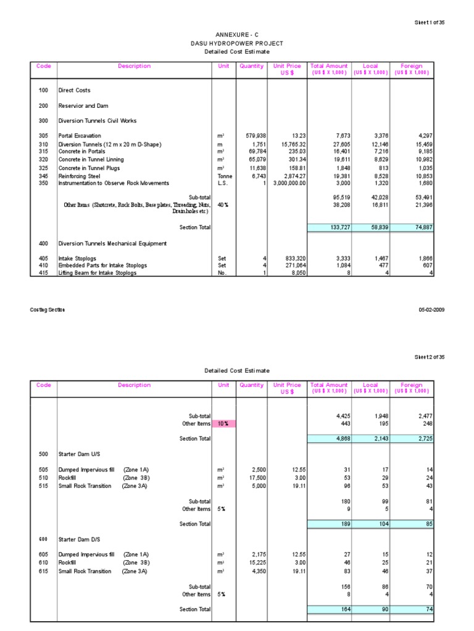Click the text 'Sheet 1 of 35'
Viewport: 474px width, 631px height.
coord(429,23)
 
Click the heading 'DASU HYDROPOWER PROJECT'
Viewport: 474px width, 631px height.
coord(236,44)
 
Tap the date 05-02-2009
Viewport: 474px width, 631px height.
coord(431,309)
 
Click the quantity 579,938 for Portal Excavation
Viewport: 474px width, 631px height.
coord(252,136)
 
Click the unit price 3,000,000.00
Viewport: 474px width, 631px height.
coord(285,183)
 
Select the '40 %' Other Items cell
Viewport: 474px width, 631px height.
coord(223,205)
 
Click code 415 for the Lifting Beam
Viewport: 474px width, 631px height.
coord(43,273)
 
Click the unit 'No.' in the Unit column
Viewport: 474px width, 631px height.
coord(223,273)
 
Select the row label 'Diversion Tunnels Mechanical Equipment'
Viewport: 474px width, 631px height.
coord(112,243)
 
